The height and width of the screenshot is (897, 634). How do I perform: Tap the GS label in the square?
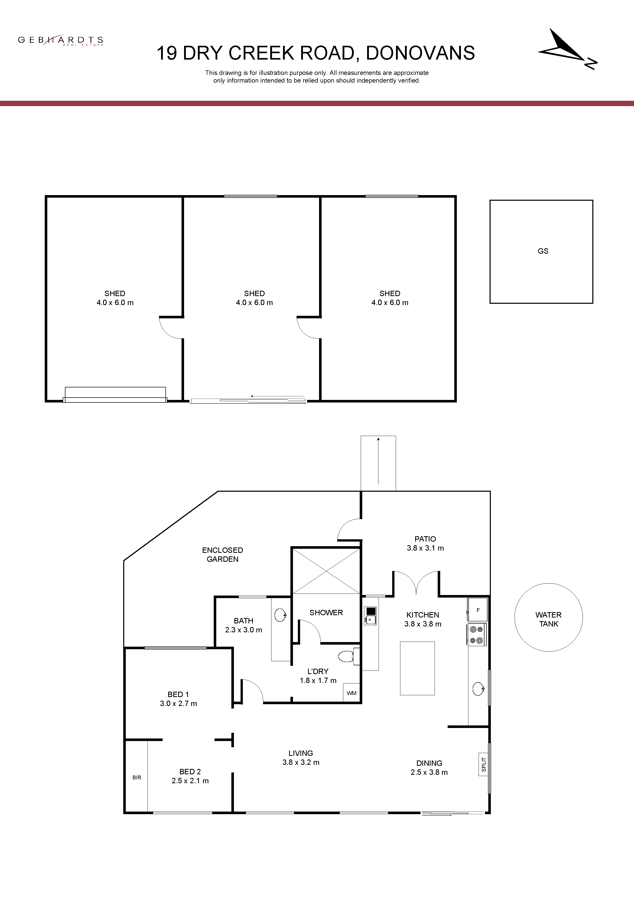[543, 251]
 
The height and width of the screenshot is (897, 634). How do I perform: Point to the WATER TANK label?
[548, 619]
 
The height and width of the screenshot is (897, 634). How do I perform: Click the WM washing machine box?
[352, 693]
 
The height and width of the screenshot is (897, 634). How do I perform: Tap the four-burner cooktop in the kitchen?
[477, 634]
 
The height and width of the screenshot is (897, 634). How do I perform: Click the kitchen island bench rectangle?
[417, 668]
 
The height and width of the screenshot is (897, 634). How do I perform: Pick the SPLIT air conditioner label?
[484, 764]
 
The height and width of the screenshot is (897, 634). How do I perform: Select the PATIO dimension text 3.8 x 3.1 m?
[425, 548]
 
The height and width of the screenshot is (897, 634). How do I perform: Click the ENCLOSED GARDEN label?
[223, 554]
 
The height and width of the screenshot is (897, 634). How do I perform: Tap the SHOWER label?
[326, 613]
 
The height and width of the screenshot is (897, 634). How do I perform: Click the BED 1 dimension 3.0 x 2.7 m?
[178, 704]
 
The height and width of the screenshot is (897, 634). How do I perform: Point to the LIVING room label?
[301, 753]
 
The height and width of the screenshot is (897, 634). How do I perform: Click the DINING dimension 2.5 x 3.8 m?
[429, 772]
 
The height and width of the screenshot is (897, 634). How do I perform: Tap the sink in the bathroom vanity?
[280, 615]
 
